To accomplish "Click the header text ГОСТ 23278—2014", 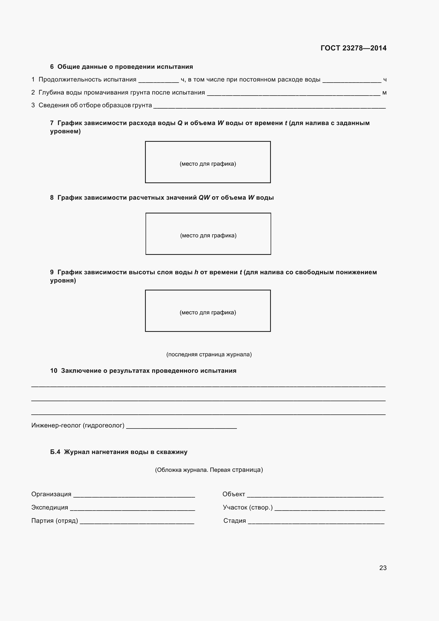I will coord(353,48).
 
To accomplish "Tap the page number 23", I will coord(383,568).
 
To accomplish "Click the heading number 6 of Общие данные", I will coord(52,67).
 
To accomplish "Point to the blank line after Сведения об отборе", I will coord(269,107).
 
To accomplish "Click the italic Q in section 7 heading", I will coord(180,123).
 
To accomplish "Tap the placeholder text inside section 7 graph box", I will coord(208,164).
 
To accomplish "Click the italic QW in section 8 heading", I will coord(204,198).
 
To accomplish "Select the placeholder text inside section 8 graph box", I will coord(208,235).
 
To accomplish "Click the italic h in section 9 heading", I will coord(196,272).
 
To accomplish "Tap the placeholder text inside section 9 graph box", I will coord(208,313).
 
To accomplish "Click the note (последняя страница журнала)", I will coord(209,355).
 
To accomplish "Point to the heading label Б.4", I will coord(55,452).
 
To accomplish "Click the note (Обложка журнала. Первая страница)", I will coord(209,470).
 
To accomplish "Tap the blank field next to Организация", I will coord(134,496).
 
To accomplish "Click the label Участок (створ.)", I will coord(248,507).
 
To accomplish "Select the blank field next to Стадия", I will coord(316,522).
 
